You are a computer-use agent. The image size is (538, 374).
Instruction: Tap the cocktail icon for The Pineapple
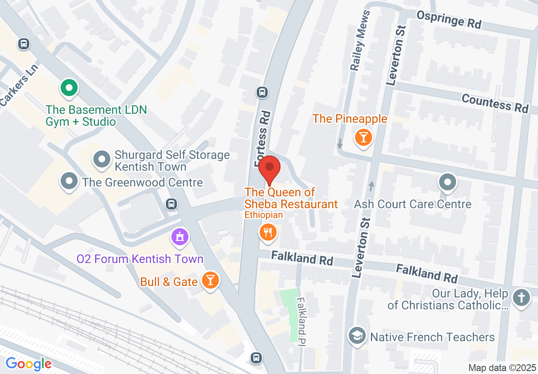(x=363, y=137)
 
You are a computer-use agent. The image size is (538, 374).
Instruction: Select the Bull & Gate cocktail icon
(x=210, y=280)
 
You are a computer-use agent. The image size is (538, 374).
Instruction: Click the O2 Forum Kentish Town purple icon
(x=180, y=237)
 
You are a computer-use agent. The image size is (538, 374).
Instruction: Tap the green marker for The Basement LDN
(x=69, y=88)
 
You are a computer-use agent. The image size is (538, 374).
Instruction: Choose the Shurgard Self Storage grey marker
(x=102, y=160)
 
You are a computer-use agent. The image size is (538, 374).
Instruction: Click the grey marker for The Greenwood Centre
(x=69, y=181)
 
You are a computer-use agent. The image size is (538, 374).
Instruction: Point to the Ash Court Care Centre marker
(x=447, y=183)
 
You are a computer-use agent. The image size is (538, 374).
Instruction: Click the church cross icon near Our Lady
(x=521, y=297)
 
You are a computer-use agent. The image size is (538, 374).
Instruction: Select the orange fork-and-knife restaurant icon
(x=268, y=232)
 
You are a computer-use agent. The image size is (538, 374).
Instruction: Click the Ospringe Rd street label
(x=449, y=20)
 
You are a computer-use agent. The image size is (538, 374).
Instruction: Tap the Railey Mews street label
(x=359, y=40)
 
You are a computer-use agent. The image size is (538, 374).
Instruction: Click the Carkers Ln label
(x=19, y=85)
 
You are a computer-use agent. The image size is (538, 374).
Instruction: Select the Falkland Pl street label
(x=302, y=320)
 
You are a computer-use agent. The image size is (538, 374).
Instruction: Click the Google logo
(x=28, y=364)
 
